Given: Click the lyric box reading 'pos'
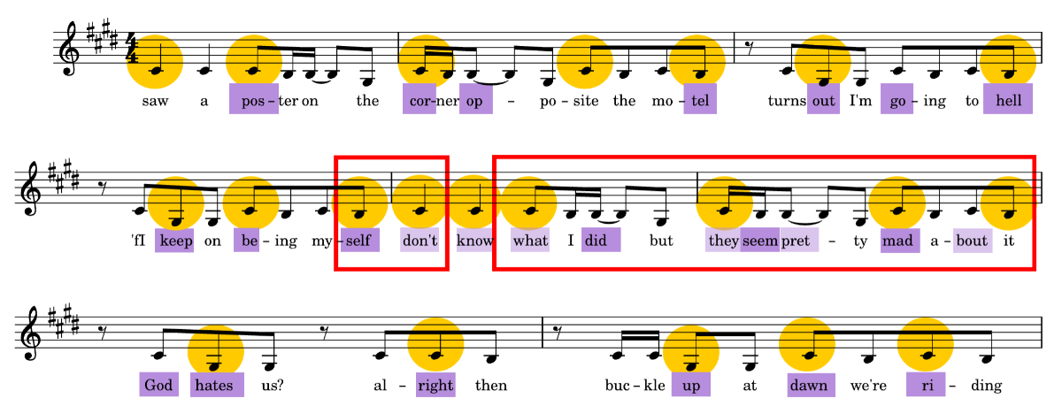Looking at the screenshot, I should pos(254,100).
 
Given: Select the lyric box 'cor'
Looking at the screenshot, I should pos(419,100).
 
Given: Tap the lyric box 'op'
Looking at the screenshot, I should pos(476,100).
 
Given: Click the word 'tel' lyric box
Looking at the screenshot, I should pos(700,100).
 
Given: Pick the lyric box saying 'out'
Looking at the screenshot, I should pos(823,100).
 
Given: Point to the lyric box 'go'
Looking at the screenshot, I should pos(897,100).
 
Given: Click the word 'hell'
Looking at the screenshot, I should pos(1008,100).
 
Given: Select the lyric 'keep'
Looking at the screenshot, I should pos(175,241).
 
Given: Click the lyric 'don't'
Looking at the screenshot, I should pos(420,241).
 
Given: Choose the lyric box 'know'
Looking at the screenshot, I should pos(474,241).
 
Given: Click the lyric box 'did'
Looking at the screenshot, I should pos(601,241).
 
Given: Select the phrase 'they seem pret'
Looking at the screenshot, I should pos(762,241).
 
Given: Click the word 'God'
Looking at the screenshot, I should pos(158,385).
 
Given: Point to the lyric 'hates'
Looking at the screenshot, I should pos(217,385).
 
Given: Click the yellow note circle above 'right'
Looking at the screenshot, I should pos(435,345).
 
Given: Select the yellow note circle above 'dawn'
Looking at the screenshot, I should pos(807,345).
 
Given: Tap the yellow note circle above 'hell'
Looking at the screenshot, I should pos(1008,63).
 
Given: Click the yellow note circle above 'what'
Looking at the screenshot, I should pos(529,203).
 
